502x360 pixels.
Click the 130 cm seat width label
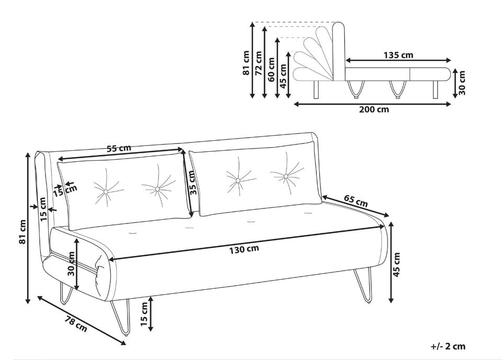click(x=244, y=249)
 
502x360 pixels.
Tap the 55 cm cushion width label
click(x=119, y=148)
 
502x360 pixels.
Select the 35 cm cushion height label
click(x=192, y=183)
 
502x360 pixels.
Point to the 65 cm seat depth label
click(x=356, y=200)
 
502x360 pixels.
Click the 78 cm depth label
click(x=76, y=324)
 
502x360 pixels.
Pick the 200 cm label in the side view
click(x=374, y=109)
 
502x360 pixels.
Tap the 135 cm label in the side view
click(x=398, y=55)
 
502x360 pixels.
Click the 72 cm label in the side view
click(x=259, y=63)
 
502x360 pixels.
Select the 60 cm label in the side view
click(x=271, y=69)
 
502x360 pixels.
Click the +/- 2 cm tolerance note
click(x=448, y=346)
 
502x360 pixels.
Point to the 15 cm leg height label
click(x=144, y=314)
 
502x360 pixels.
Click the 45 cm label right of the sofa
click(x=396, y=265)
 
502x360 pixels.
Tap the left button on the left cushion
click(x=106, y=192)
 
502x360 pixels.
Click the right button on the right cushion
click(x=286, y=176)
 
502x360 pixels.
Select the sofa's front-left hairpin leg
click(x=121, y=317)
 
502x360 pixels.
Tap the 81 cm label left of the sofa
click(x=22, y=232)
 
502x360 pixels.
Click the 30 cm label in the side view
click(x=462, y=83)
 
